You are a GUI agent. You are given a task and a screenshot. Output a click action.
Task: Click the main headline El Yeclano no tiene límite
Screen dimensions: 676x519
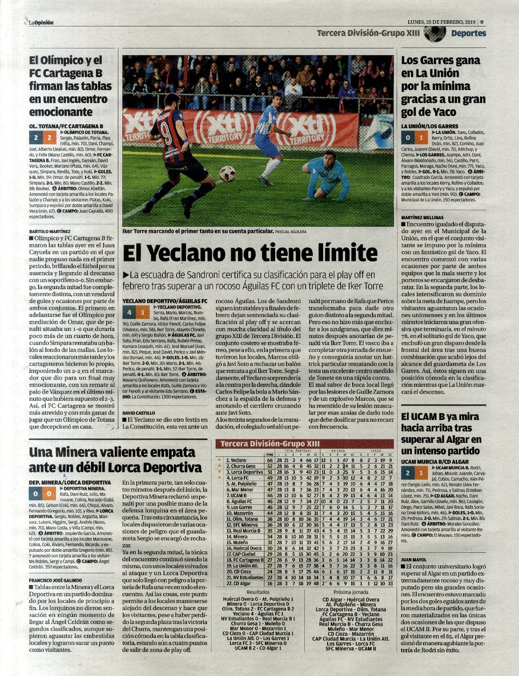[250, 253]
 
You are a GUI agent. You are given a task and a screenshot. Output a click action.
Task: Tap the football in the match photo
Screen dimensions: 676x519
[227, 174]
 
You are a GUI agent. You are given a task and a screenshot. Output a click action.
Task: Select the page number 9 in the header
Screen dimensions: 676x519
[482, 22]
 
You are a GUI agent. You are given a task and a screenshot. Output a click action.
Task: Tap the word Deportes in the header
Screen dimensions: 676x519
[468, 33]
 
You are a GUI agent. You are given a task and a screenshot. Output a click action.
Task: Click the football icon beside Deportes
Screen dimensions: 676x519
[434, 33]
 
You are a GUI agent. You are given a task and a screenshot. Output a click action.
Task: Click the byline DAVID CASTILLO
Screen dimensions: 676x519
[139, 412]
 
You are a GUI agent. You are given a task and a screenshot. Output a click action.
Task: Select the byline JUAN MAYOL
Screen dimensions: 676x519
[414, 560]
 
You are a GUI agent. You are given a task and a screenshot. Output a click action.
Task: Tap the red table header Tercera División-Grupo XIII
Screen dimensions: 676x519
[269, 444]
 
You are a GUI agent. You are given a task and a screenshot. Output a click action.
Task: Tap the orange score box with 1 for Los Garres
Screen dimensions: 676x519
[420, 137]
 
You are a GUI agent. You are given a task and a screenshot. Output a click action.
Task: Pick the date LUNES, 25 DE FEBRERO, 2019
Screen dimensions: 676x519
[441, 22]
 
